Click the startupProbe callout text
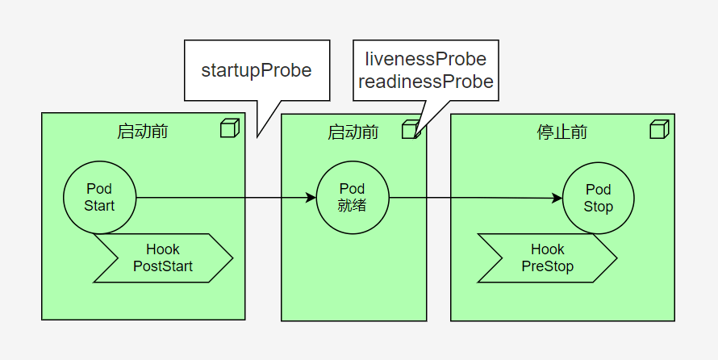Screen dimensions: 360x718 point(257,70)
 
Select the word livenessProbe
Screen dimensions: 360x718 point(426,59)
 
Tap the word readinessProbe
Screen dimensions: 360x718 point(426,82)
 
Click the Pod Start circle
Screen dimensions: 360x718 point(99,198)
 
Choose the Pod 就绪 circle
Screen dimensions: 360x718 point(352,198)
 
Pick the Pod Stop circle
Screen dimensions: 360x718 point(598,198)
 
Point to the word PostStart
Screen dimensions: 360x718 point(163,266)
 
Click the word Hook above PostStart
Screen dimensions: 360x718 point(163,249)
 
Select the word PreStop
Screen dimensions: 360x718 point(548,266)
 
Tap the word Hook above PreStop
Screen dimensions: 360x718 point(548,249)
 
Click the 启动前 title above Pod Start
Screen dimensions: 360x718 point(143,132)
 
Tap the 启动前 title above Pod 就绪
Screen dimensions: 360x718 point(353,132)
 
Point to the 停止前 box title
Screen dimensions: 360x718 point(562,132)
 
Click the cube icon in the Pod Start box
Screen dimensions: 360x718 point(230,128)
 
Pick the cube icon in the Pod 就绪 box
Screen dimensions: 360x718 point(411,128)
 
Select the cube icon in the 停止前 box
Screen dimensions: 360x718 point(659,128)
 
